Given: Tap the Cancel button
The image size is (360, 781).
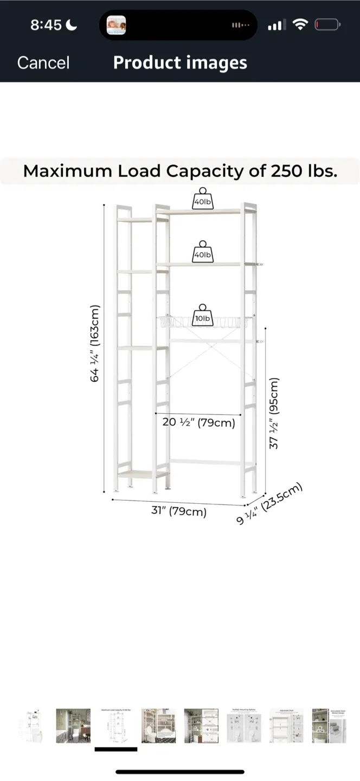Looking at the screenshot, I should tap(43, 62).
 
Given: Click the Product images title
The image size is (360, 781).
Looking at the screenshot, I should tap(180, 62).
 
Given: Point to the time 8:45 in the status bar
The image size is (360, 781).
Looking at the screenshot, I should tap(46, 24).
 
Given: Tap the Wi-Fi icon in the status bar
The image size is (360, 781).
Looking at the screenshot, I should tap(299, 24).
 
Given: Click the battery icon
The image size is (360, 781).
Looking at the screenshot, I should tap(328, 24).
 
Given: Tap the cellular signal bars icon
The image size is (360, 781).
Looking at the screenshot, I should tap(275, 25).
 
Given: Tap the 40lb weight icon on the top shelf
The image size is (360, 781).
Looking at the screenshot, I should tap(202, 199).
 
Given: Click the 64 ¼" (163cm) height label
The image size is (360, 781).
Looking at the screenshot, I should tap(94, 343).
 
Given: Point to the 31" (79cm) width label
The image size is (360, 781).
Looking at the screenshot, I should tap(179, 511).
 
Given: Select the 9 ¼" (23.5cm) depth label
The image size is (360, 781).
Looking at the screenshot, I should tap(269, 504).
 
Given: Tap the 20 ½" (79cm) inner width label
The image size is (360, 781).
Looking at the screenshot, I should tap(199, 422).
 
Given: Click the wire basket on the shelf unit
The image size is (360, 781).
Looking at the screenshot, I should tap(206, 324).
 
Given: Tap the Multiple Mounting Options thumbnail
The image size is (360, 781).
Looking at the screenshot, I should tap(244, 725).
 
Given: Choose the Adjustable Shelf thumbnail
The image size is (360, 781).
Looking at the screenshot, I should tap(286, 725).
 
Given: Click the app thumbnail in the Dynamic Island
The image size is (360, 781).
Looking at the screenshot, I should tap(117, 25).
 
